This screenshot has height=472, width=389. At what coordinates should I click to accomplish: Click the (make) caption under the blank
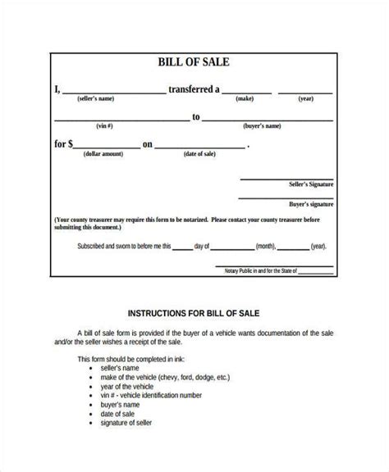[244, 99]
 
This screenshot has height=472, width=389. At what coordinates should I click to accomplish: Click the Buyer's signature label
[310, 203]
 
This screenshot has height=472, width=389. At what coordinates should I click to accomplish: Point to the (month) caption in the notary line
[268, 245]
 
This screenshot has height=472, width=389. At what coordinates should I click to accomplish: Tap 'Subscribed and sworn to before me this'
[124, 245]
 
